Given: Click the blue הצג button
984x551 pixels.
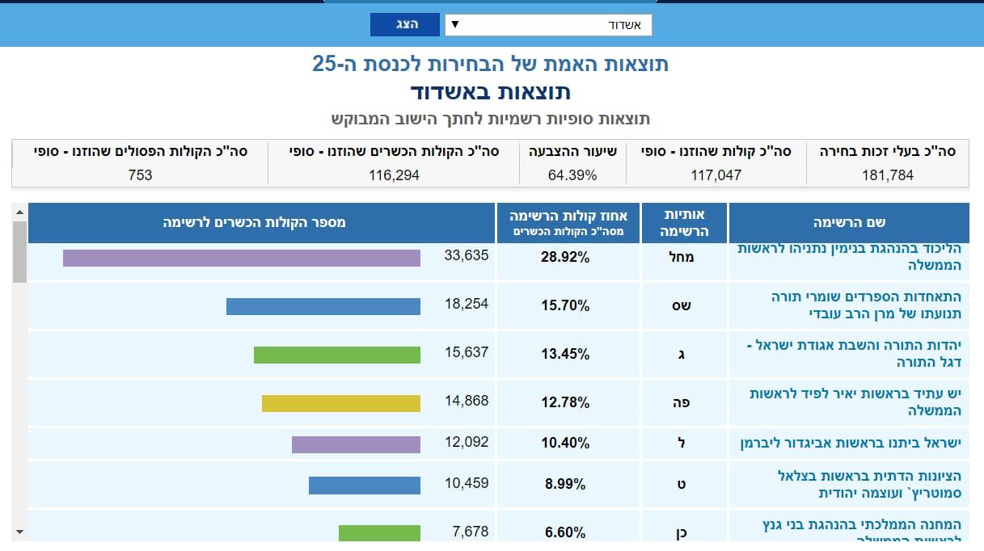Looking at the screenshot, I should click(405, 24).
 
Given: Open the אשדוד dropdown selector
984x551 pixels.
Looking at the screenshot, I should click(548, 25).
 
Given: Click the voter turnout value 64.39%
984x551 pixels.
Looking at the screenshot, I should click(572, 175).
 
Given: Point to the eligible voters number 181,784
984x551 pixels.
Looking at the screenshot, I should click(887, 175).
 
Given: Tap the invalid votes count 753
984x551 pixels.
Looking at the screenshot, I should click(140, 175).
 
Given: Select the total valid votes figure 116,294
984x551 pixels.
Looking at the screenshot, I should click(394, 175).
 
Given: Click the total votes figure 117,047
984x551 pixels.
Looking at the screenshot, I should click(716, 175).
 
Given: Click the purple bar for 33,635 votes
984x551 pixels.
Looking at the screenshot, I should click(242, 258).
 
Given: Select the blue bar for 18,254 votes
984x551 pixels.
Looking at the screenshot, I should click(323, 306).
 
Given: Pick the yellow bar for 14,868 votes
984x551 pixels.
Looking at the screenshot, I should click(341, 403).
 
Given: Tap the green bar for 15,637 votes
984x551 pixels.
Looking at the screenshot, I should click(337, 355).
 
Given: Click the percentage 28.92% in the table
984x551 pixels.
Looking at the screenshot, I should click(565, 258).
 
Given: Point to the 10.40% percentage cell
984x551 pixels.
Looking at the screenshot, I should click(565, 444).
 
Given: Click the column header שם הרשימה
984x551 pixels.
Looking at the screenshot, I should click(849, 223).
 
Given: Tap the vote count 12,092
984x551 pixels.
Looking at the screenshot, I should click(467, 443).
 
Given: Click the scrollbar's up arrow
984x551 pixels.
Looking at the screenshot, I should click(19, 212).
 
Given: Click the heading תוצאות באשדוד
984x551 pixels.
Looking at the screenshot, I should click(490, 91).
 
